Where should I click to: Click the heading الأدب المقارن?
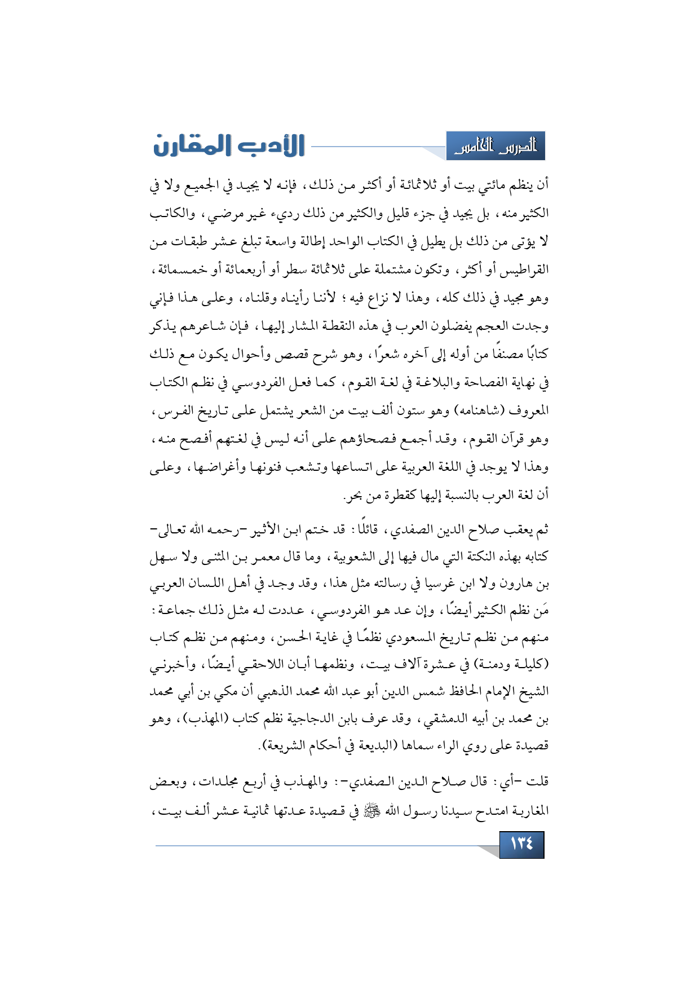(228, 145)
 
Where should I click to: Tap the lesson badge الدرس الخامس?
(496, 147)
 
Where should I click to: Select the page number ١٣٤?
(521, 844)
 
